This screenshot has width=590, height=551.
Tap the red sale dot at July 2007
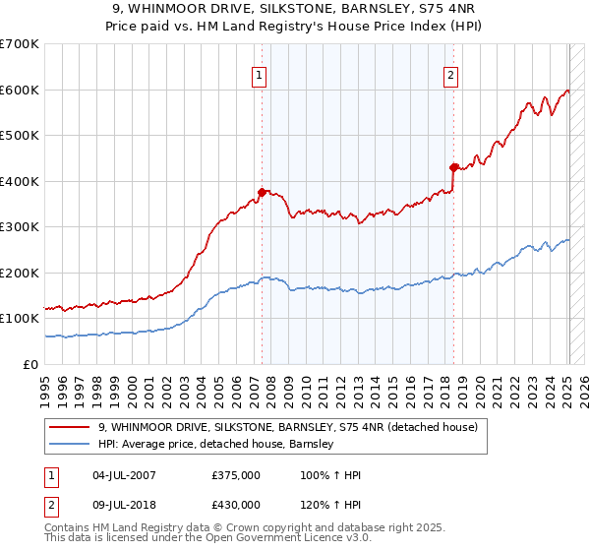[x=262, y=193]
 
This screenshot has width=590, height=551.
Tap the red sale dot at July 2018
[x=453, y=167]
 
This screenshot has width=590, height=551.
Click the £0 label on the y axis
[x=31, y=364]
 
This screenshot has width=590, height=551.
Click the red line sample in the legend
[x=70, y=427]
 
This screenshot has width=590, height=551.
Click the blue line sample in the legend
[x=70, y=444]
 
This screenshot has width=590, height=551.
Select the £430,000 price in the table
[x=235, y=505]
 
